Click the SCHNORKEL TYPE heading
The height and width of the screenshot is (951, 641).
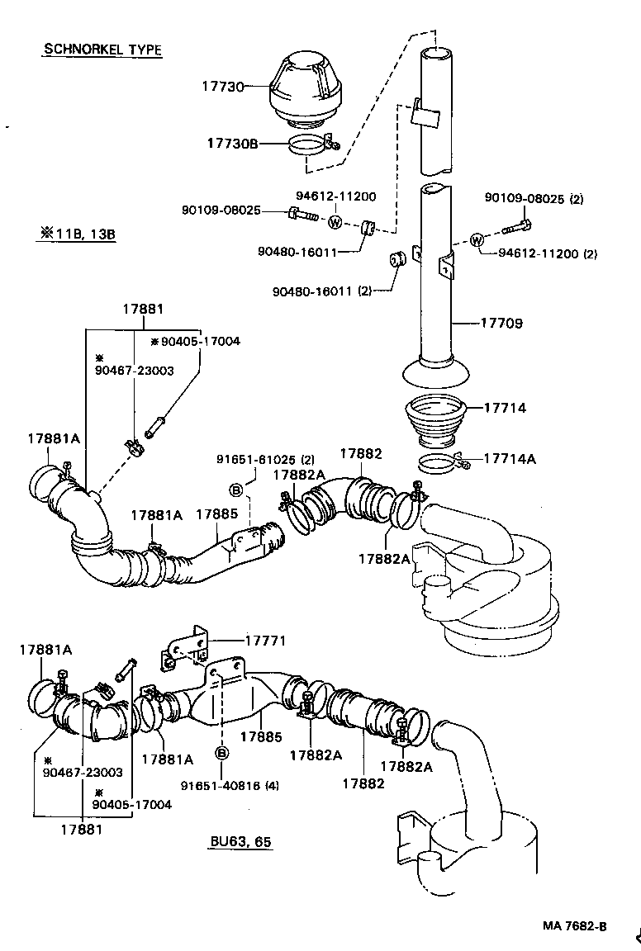pyautogui.click(x=102, y=50)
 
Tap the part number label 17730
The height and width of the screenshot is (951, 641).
pyautogui.click(x=223, y=86)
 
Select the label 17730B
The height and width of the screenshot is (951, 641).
pyautogui.click(x=232, y=144)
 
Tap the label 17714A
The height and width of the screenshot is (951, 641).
pyautogui.click(x=509, y=458)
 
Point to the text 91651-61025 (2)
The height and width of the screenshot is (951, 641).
pyautogui.click(x=266, y=460)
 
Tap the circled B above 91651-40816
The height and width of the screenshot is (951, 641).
pyautogui.click(x=222, y=753)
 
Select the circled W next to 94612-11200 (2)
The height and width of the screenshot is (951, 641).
pyautogui.click(x=477, y=240)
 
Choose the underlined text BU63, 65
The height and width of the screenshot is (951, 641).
pyautogui.click(x=240, y=841)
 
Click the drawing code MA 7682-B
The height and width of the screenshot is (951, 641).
pyautogui.click(x=574, y=925)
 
